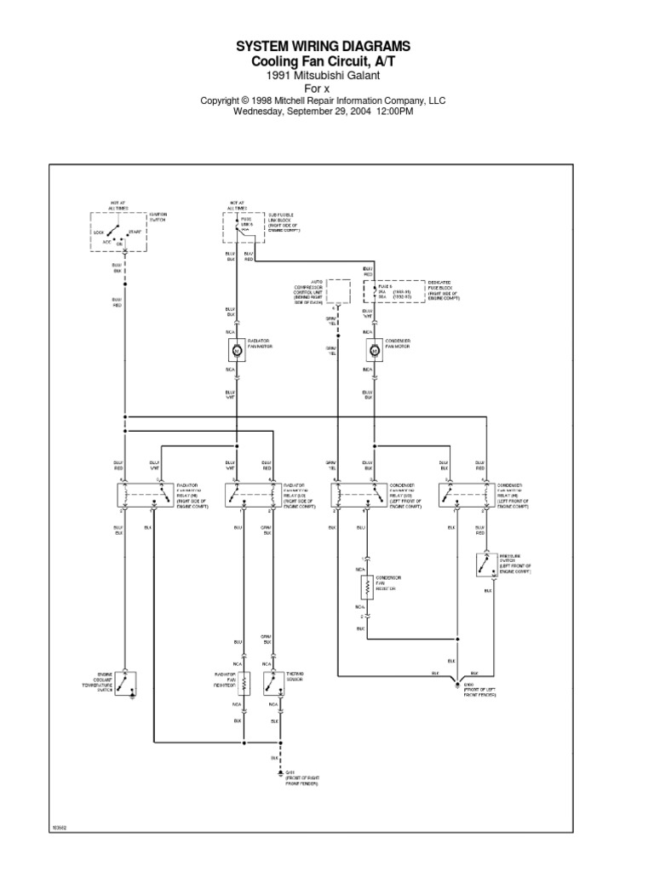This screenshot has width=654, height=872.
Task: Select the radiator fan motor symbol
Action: (x=236, y=349)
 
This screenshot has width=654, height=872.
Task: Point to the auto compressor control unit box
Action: (x=340, y=290)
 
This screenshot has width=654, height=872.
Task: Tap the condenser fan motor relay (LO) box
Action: (x=355, y=494)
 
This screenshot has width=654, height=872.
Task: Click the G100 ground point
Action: (x=456, y=684)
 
